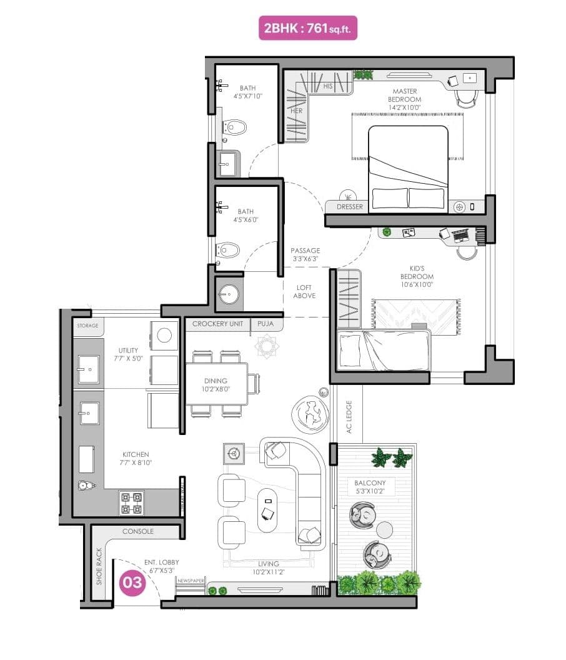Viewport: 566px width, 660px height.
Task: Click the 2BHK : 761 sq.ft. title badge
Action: click(308, 28)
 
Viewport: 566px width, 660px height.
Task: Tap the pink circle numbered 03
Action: click(132, 582)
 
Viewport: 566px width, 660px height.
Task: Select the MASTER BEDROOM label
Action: click(404, 95)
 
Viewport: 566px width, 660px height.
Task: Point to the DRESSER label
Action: click(349, 207)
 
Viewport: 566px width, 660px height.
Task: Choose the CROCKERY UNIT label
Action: click(217, 324)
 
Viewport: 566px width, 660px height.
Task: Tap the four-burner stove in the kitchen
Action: click(131, 502)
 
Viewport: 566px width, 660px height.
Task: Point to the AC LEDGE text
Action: click(349, 417)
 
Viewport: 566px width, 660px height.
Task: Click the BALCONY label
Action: click(370, 482)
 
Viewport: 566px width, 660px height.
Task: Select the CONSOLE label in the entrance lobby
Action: click(137, 531)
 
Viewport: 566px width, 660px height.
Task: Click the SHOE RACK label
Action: click(99, 566)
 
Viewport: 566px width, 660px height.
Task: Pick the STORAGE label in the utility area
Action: click(87, 326)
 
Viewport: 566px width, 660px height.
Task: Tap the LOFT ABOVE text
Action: click(305, 291)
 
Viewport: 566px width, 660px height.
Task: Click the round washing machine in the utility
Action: click(164, 335)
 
